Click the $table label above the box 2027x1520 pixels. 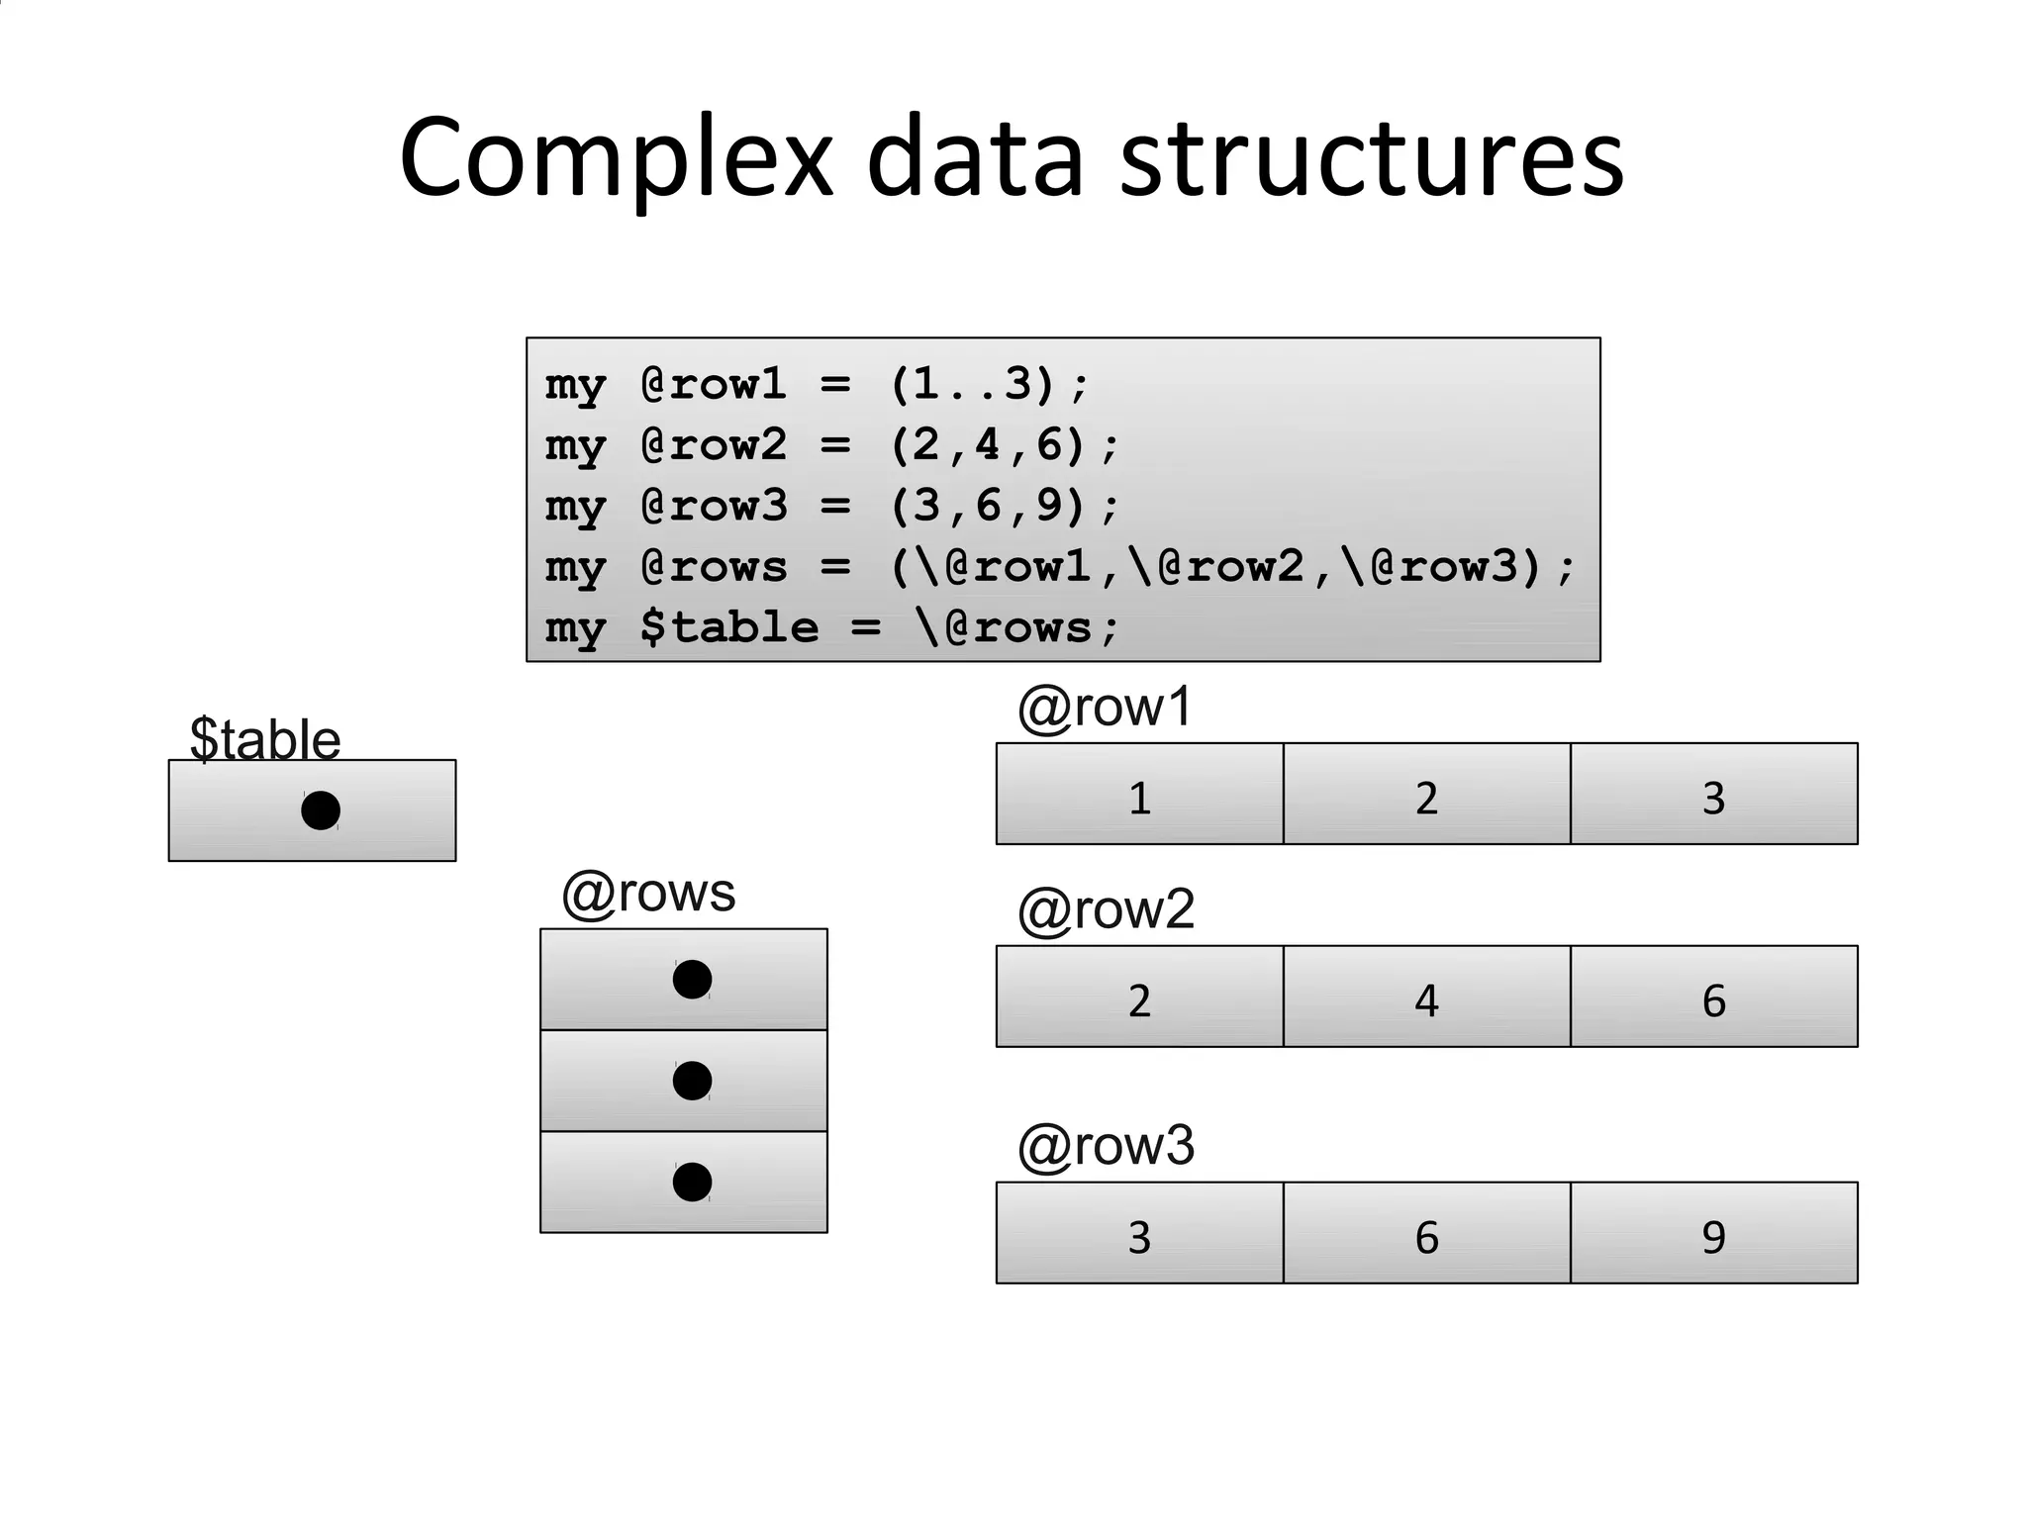(265, 738)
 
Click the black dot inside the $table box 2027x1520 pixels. (321, 810)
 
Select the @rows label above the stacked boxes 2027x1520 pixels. (648, 893)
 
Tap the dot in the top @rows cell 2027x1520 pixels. (692, 980)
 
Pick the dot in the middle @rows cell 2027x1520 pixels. (692, 1081)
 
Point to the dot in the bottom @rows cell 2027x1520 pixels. (692, 1182)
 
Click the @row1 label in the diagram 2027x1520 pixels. (1106, 708)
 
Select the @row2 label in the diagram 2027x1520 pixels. (1106, 909)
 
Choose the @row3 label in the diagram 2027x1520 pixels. (1106, 1146)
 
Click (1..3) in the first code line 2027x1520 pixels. (973, 384)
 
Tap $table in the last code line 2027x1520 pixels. (729, 627)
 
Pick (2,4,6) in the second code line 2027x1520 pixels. (988, 445)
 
